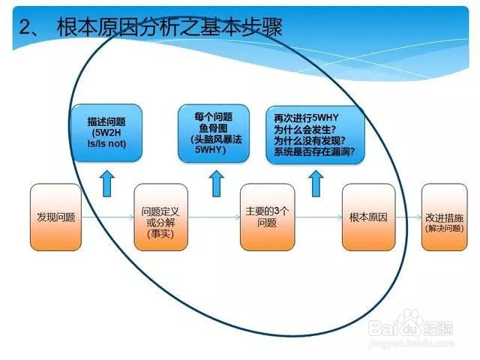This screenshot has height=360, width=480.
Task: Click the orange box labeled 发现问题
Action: pyautogui.click(x=55, y=217)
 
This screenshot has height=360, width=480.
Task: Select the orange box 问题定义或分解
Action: pyautogui.click(x=161, y=217)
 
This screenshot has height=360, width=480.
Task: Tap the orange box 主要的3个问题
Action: pyautogui.click(x=267, y=217)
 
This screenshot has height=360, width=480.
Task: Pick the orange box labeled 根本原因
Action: pyautogui.click(x=368, y=217)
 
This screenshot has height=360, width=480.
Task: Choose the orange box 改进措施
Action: pyautogui.click(x=445, y=217)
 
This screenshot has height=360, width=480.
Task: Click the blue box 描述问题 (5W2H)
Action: pyautogui.click(x=106, y=133)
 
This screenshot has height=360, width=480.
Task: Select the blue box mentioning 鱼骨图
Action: pyautogui.click(x=214, y=133)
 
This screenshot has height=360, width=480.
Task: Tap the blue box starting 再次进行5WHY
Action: pyautogui.click(x=315, y=135)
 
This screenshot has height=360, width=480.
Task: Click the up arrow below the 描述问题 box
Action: pyautogui.click(x=106, y=183)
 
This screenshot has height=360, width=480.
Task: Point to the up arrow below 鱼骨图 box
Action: pyautogui.click(x=217, y=183)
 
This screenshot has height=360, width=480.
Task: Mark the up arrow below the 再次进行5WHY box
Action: pyautogui.click(x=316, y=183)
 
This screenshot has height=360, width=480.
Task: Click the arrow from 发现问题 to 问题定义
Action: pyautogui.click(x=108, y=217)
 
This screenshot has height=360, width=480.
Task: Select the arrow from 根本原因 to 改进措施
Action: pyautogui.click(x=408, y=217)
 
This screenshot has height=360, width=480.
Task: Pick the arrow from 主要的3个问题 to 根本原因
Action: pyautogui.click(x=318, y=217)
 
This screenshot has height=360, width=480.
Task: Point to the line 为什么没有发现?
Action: pyautogui.click(x=310, y=141)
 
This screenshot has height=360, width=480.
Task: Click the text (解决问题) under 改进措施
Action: pyautogui.click(x=445, y=228)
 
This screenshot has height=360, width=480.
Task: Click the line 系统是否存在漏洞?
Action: pyautogui.click(x=314, y=151)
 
